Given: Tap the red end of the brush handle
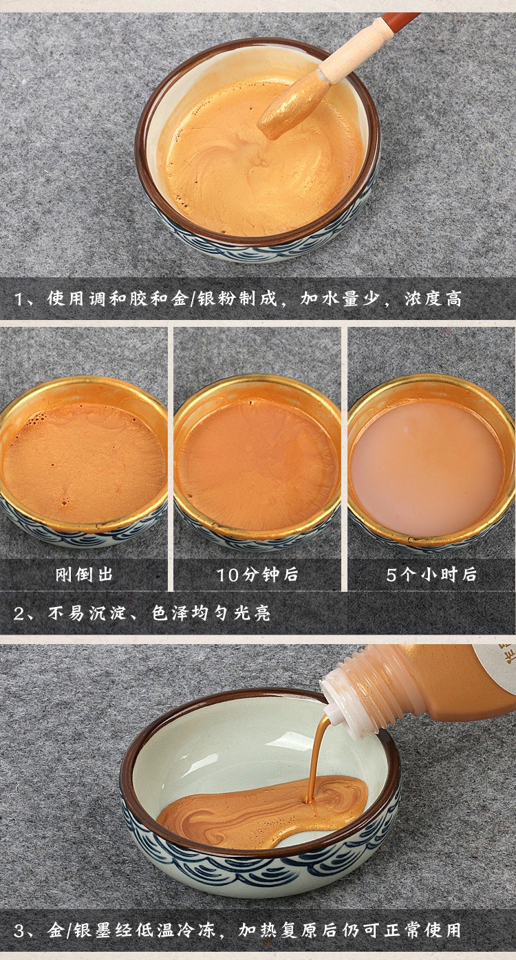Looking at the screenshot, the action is [x=400, y=21].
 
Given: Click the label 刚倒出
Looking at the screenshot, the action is [x=84, y=575].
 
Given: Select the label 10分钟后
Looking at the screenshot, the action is [x=257, y=575].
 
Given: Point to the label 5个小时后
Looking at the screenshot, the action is [x=431, y=575].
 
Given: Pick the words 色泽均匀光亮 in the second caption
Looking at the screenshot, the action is [x=211, y=614].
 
